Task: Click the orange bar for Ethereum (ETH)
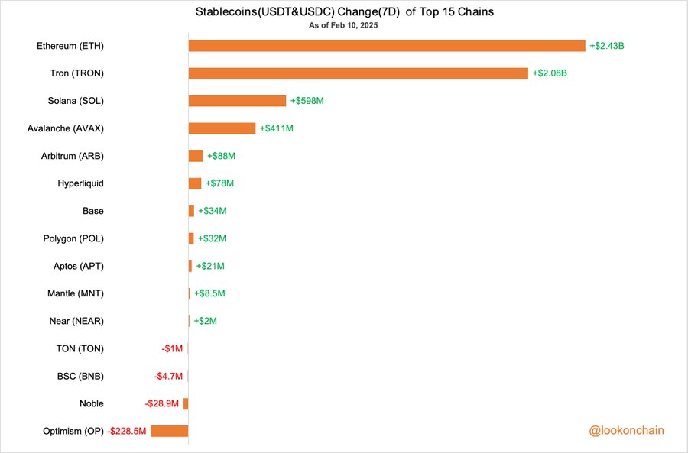tap(387, 46)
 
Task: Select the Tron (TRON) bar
tap(358, 73)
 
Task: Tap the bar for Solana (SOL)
tap(237, 101)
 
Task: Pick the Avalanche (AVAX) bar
tap(222, 128)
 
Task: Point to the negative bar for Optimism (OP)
tap(170, 431)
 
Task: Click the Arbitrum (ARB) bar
tap(196, 156)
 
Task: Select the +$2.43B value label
tap(607, 46)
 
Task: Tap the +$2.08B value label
tap(550, 73)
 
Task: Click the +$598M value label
tap(306, 101)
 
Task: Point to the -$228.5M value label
tap(128, 431)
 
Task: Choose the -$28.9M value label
tap(162, 403)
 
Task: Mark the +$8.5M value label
tap(209, 293)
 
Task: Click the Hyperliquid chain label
tap(80, 183)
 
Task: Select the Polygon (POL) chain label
tap(73, 238)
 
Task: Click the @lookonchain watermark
tap(626, 431)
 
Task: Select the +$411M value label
tap(277, 128)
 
